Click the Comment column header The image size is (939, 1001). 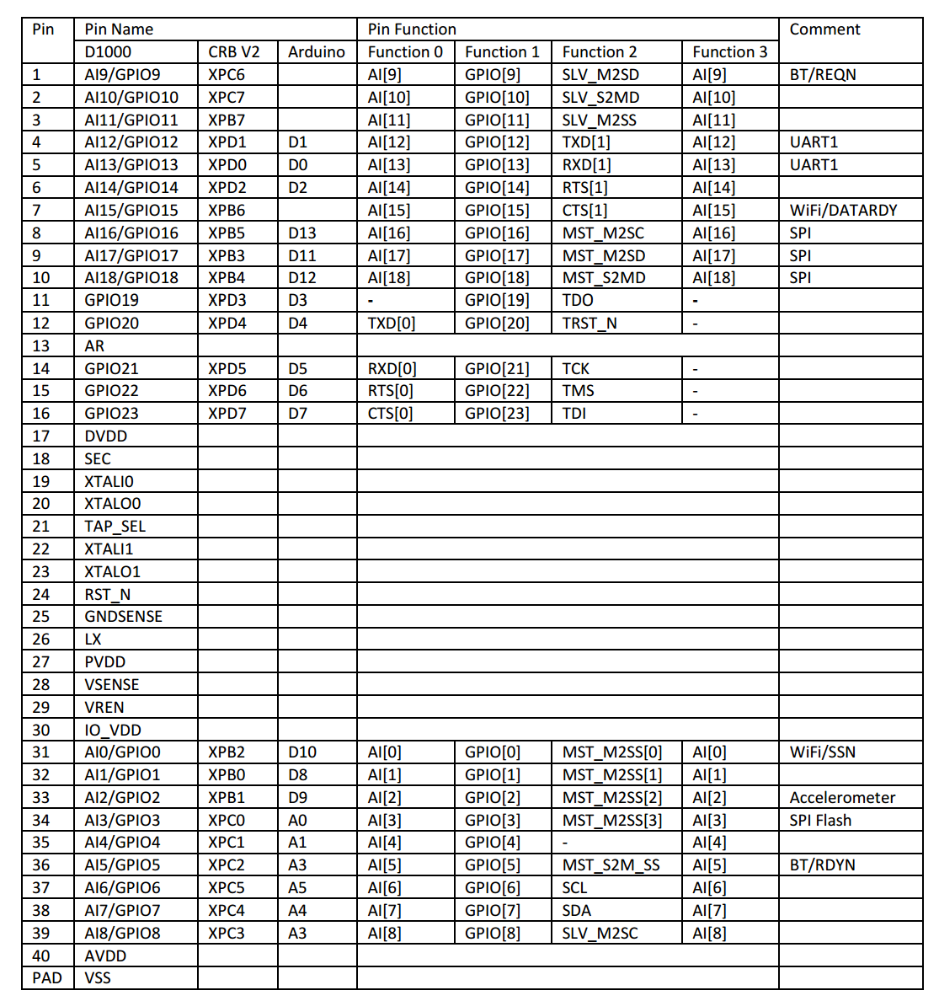coord(824,29)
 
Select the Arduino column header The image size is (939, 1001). coord(316,52)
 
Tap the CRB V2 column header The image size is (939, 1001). coord(234,52)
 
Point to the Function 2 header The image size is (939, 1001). coord(599,52)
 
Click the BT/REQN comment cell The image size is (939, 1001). coord(822,75)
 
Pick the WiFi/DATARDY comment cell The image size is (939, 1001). coord(843,211)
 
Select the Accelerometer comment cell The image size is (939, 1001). coord(842,798)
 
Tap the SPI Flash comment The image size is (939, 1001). coord(820,821)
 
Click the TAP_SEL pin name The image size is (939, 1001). coord(115,527)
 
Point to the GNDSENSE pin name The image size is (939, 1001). coord(123,617)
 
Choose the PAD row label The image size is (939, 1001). coord(47,978)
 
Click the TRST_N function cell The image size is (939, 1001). coord(589,324)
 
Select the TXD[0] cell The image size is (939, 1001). coord(392,324)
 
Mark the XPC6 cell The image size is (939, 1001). coord(227,75)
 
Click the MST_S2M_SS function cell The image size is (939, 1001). coord(611,865)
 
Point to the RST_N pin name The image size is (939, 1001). coord(107,595)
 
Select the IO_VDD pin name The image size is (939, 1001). coord(113,731)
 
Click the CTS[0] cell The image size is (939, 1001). coord(390,414)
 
